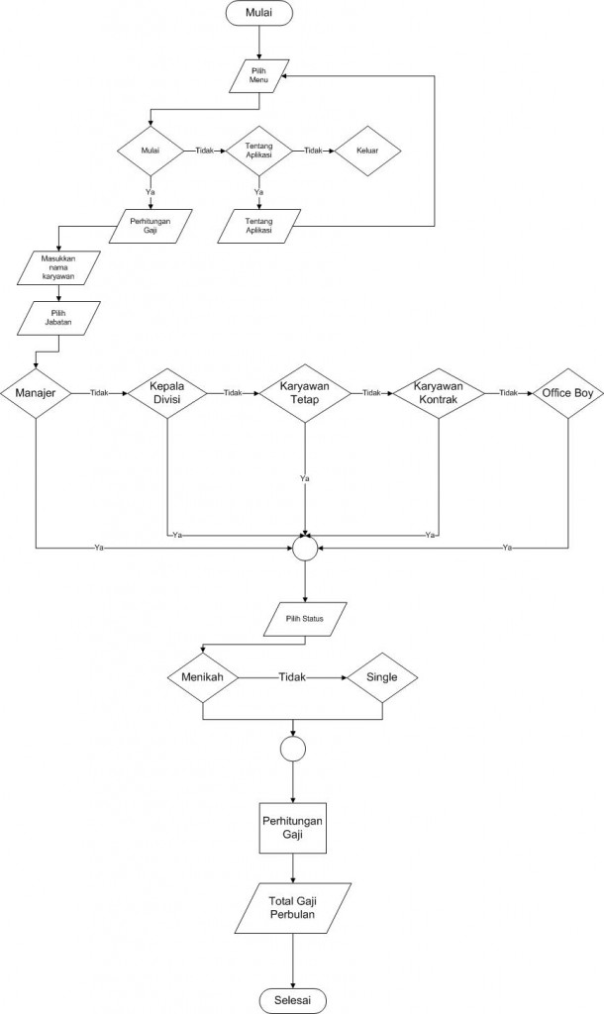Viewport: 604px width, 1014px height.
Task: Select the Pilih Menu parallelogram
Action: pos(259,77)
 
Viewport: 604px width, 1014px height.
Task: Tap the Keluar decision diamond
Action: pos(367,151)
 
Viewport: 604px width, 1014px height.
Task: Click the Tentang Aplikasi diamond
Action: pos(259,151)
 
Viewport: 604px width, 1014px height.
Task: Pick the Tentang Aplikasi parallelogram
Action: pos(258,224)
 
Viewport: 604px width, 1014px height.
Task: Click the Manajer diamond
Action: pos(36,392)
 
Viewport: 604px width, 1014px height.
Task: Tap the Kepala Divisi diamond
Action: pos(167,392)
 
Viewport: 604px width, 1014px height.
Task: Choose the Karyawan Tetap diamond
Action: pos(305,392)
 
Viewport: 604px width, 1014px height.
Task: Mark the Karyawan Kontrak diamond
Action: pos(437,392)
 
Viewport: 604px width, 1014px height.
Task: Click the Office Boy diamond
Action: pos(566,392)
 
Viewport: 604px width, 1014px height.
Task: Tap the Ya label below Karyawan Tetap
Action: pos(305,478)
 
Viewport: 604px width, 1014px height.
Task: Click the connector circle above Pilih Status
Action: pos(305,547)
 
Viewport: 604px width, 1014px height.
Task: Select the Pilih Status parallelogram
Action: pos(305,621)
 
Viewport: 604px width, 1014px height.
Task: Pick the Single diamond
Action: pos(381,678)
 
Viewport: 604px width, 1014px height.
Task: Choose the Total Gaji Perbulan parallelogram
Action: pos(293,906)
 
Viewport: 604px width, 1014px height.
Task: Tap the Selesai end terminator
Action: pos(293,999)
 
